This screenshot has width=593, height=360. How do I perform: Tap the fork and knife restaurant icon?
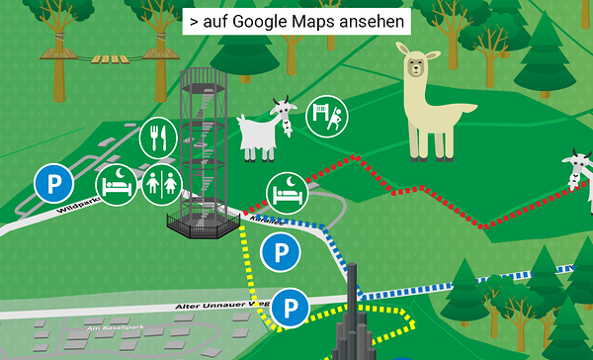pos(157,136)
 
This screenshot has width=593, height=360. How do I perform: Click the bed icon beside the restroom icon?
pos(116,185)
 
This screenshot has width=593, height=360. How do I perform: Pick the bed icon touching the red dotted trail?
pos(286,191)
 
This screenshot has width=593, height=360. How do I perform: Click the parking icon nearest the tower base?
pos(280,253)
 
